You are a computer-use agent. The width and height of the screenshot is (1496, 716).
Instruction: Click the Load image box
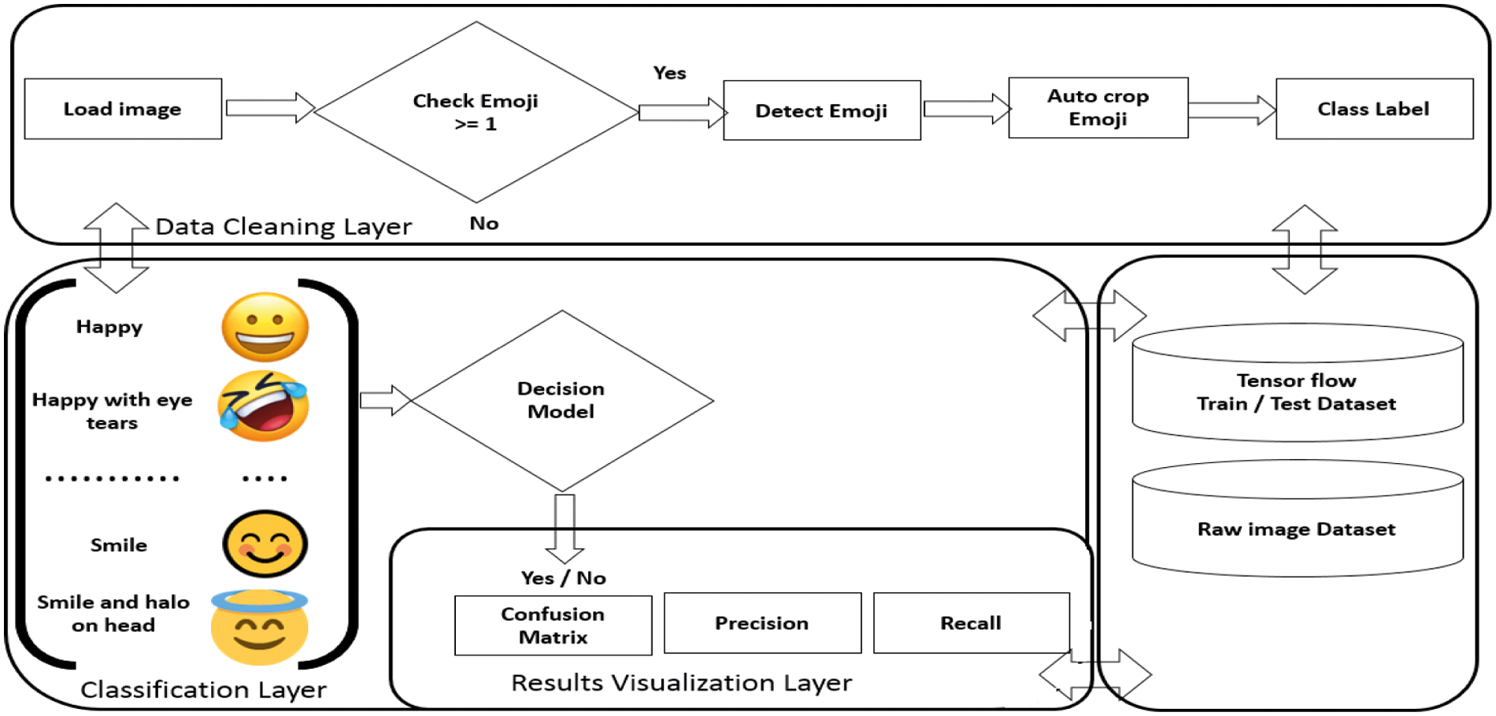coord(123,109)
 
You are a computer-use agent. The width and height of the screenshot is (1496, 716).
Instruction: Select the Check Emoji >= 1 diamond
coord(476,112)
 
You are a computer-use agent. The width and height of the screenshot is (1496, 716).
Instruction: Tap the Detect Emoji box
coord(821,111)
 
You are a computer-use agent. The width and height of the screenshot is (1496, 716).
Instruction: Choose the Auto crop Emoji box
coord(1098,108)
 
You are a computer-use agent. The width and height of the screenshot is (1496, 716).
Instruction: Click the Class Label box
coord(1373,109)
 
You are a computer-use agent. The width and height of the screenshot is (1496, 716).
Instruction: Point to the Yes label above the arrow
coord(669,73)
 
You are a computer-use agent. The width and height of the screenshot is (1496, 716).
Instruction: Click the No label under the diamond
coord(483,224)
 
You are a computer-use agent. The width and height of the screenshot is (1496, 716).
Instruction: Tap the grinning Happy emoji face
coord(265,327)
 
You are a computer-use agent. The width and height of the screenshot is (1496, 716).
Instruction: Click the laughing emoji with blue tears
coord(263,406)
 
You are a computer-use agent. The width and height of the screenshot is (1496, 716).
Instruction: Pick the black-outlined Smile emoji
coord(265,543)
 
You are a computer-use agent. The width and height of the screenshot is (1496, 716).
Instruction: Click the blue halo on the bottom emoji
coord(259,601)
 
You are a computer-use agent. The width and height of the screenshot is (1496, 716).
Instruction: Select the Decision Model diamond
coord(561,400)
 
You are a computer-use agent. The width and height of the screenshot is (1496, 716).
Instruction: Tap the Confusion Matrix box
coord(553,625)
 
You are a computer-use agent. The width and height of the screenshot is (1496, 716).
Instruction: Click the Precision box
coord(761,623)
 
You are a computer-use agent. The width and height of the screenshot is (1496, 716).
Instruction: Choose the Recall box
coord(971,623)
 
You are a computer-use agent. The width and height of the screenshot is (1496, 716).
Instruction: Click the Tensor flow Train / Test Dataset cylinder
coord(1297,391)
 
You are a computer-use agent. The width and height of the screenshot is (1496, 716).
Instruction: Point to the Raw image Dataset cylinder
coord(1297,529)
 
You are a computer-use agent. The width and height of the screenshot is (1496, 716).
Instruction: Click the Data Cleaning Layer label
coord(283,227)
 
